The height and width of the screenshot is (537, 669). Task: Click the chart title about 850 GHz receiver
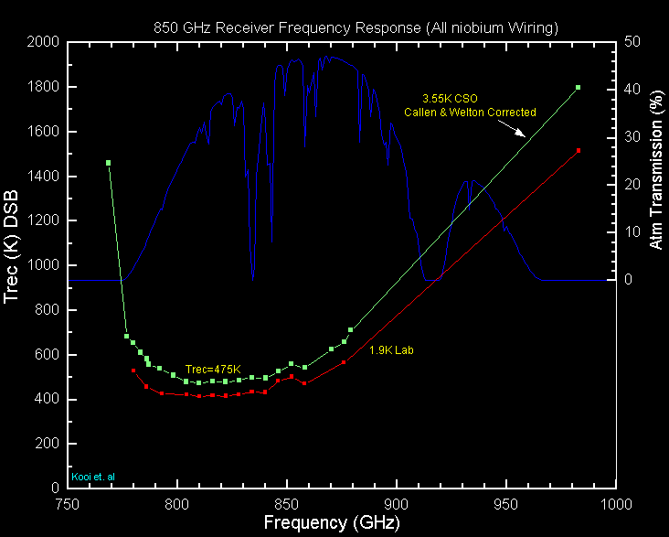tap(356, 28)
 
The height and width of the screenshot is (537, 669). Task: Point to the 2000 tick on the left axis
tap(44, 43)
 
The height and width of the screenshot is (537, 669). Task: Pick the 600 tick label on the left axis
tap(48, 355)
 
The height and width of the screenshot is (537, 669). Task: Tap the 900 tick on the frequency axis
tap(396, 503)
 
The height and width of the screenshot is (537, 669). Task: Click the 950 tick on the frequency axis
tap(505, 503)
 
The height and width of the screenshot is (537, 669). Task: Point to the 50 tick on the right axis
tap(631, 43)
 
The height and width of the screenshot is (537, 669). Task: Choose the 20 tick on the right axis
tap(631, 185)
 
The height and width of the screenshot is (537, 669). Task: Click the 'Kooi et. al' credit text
tap(93, 477)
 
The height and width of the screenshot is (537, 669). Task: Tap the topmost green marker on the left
tap(109, 163)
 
